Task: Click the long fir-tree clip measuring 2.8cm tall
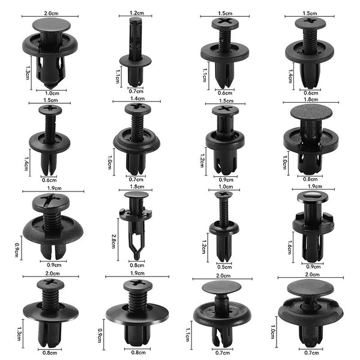click(x=136, y=225)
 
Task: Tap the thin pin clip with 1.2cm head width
click(x=136, y=54)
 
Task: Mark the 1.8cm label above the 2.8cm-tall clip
click(x=136, y=187)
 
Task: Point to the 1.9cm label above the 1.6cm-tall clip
click(x=313, y=187)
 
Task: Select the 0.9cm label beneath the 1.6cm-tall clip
click(x=313, y=266)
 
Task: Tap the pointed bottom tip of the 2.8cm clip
click(x=137, y=257)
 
